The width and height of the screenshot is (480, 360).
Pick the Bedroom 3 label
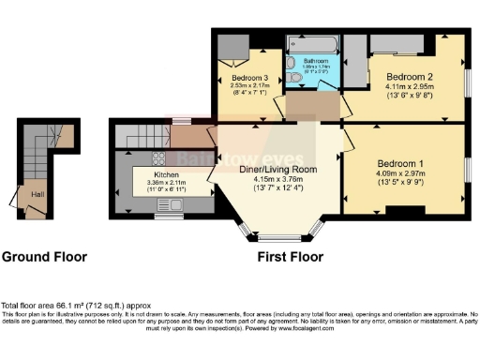click(248, 78)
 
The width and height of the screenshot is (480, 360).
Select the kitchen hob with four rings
click(157, 157)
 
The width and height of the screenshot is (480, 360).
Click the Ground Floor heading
click(44, 256)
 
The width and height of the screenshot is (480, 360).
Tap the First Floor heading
click(292, 256)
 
